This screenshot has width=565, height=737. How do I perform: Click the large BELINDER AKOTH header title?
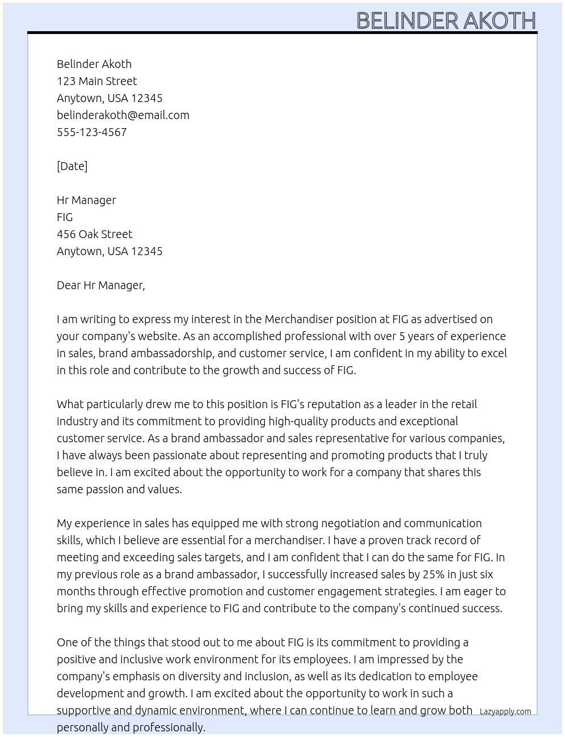[x=446, y=21]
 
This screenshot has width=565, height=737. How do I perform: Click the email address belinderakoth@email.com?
[x=123, y=115]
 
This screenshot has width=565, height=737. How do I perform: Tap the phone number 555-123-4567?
[x=92, y=132]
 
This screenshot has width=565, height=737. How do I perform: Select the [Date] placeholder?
[x=72, y=166]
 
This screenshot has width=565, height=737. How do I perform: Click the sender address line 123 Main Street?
[x=97, y=81]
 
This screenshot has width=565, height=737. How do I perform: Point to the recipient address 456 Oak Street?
[x=95, y=234]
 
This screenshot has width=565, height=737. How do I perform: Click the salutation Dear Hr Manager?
[x=101, y=285]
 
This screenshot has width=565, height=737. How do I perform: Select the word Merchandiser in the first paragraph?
[x=299, y=319]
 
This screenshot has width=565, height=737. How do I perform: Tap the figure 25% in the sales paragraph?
[x=433, y=574]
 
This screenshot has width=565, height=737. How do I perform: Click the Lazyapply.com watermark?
[x=505, y=711]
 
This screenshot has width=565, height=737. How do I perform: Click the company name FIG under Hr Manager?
[x=65, y=217]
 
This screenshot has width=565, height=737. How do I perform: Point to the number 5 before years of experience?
[x=402, y=336]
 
